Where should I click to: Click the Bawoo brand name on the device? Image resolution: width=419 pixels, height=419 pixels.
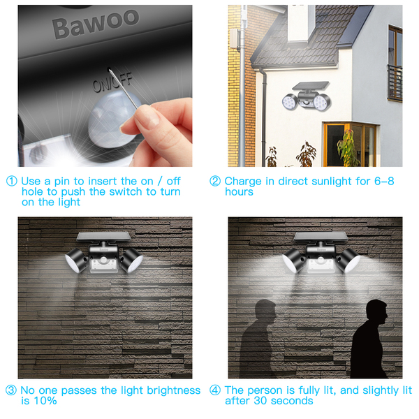pyautogui.click(x=96, y=23)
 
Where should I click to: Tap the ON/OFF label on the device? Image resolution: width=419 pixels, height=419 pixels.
pyautogui.click(x=112, y=82)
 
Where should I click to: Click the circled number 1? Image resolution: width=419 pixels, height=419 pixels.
pyautogui.click(x=11, y=181)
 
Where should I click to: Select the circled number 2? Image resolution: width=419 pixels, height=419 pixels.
pyautogui.click(x=215, y=181)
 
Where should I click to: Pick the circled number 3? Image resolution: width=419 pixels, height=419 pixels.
pyautogui.click(x=11, y=390)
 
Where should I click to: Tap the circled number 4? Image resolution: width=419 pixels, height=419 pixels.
pyautogui.click(x=215, y=390)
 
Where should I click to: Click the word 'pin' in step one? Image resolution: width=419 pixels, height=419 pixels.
pyautogui.click(x=62, y=182)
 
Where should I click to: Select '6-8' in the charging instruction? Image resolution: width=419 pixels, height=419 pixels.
pyautogui.click(x=384, y=181)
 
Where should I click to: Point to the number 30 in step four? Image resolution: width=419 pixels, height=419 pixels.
pyautogui.click(x=260, y=401)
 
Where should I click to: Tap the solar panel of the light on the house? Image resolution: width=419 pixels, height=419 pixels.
pyautogui.click(x=311, y=85)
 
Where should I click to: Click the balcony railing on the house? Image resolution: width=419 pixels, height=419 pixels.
pyautogui.click(x=395, y=83)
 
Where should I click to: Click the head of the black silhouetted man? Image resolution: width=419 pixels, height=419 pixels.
pyautogui.click(x=377, y=311)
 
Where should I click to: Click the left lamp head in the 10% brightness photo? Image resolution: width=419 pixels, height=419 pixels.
pyautogui.click(x=76, y=260)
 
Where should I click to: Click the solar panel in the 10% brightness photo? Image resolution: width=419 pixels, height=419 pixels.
pyautogui.click(x=103, y=237)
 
